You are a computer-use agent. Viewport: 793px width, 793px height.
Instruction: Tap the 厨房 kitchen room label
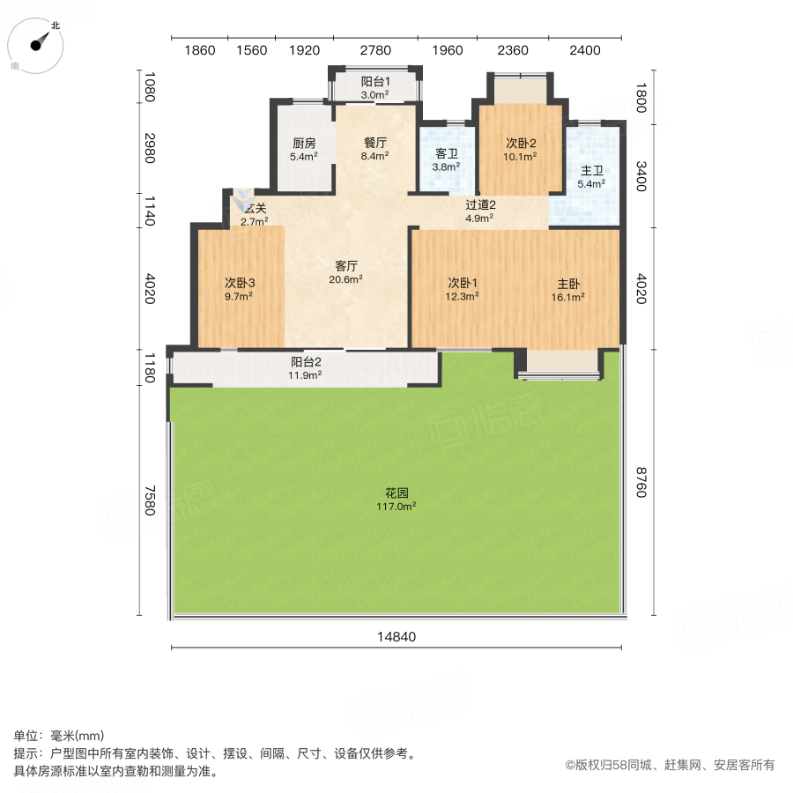pos(304,144)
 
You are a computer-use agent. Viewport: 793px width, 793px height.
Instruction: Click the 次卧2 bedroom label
pos(521,144)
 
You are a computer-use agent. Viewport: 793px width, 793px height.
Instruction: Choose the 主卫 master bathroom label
pos(591,171)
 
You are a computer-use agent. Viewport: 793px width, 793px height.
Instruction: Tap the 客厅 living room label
pos(345,265)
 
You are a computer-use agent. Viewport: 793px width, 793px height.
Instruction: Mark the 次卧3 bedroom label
pos(239,283)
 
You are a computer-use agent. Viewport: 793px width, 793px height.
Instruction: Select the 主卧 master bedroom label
pos(568,284)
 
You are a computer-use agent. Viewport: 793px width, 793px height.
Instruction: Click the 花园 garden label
pos(396,493)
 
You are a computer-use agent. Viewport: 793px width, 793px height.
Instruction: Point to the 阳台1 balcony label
pos(375,81)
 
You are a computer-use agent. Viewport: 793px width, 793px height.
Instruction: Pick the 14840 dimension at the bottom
pos(396,637)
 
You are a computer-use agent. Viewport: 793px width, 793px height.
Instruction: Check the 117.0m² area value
pos(396,507)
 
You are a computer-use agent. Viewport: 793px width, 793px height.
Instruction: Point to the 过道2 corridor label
pos(479,205)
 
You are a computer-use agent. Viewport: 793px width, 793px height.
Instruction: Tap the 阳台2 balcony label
pos(306,361)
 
